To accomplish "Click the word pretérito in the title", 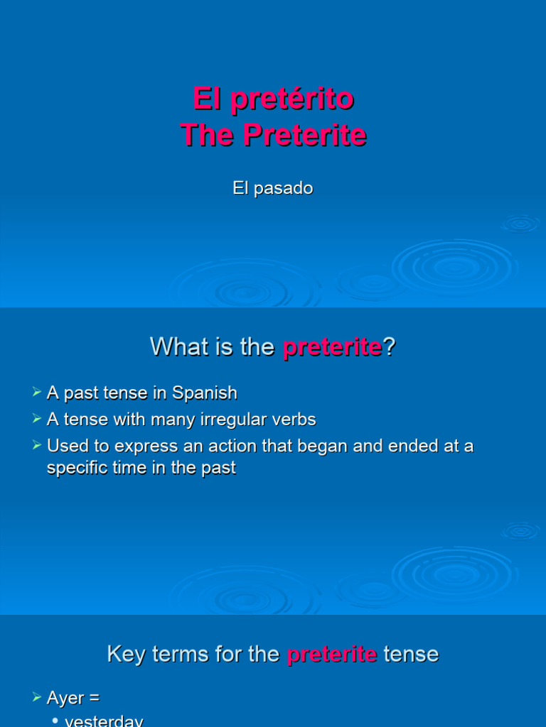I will click(x=292, y=99).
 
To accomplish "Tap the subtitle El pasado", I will click(x=273, y=188).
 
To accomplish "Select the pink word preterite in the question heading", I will click(x=332, y=347).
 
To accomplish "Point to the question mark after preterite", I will click(x=389, y=347).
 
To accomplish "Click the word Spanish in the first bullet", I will click(x=205, y=393).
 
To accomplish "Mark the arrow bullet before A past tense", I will click(x=37, y=393).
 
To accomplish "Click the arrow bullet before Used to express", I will click(x=37, y=446).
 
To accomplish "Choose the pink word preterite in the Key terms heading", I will click(x=332, y=654).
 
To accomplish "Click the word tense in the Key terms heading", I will click(x=411, y=654).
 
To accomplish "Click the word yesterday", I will click(x=104, y=721).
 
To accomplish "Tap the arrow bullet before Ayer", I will click(x=37, y=699).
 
